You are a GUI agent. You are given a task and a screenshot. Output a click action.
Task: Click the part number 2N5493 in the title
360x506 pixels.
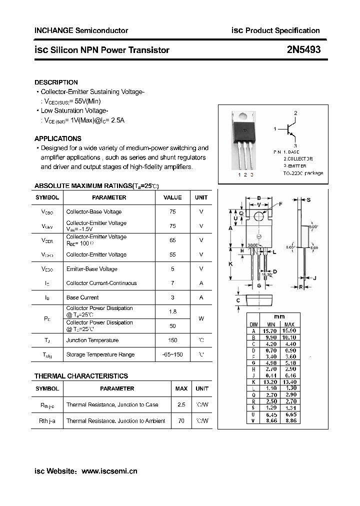303,49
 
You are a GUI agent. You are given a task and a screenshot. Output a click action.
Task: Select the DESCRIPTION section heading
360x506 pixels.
56,82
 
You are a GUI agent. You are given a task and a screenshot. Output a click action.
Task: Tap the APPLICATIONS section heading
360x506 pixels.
57,138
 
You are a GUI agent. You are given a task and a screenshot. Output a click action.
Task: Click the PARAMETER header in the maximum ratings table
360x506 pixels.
109,197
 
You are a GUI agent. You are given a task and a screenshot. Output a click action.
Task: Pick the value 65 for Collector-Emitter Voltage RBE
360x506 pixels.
172,240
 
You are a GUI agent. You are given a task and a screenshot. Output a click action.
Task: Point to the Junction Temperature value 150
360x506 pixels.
172,340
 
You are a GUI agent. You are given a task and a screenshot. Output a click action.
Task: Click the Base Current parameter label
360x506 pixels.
82,297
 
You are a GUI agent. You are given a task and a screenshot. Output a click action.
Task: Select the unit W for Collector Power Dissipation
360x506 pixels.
201,318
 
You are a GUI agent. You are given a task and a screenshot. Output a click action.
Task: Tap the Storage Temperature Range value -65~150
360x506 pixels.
172,354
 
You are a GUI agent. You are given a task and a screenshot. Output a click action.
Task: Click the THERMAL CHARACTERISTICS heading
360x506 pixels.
81,376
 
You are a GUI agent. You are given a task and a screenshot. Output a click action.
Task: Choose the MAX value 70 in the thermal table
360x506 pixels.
181,421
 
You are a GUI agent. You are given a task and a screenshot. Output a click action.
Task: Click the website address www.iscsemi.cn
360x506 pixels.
109,470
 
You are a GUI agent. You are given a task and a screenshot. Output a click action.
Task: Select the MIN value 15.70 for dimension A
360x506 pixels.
269,331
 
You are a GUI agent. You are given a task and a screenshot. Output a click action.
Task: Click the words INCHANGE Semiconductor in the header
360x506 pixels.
81,30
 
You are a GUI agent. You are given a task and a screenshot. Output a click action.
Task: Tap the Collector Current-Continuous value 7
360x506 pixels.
172,283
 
